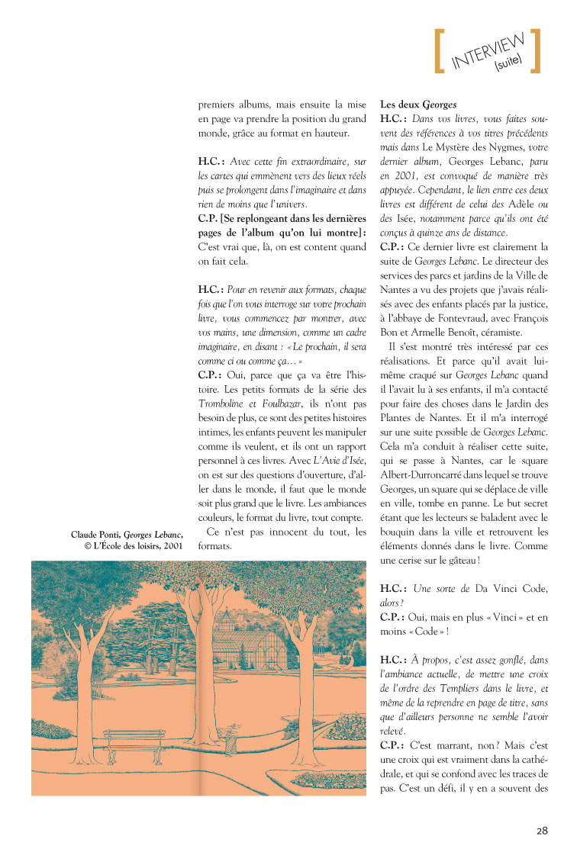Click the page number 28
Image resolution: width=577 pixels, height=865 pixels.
pyautogui.click(x=541, y=831)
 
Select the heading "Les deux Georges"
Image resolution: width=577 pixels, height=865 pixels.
pyautogui.click(x=419, y=105)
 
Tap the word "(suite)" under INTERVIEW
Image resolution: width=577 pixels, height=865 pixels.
pyautogui.click(x=508, y=66)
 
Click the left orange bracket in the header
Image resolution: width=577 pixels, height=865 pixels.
pyautogui.click(x=439, y=52)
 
